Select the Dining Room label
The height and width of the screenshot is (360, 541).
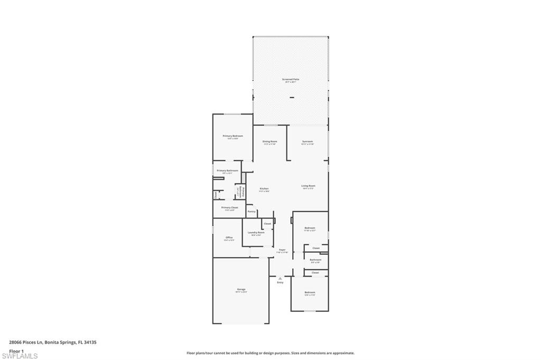[270, 141]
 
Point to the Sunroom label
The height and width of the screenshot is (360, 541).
[307, 141]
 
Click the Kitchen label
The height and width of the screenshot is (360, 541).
[264, 188]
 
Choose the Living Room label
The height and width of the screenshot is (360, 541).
[309, 186]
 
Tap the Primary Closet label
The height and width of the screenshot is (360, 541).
[230, 208]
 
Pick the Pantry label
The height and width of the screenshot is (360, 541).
[251, 212]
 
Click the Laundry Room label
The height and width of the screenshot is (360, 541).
[257, 232]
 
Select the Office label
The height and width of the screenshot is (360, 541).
[229, 238]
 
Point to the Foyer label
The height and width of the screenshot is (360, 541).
[282, 250]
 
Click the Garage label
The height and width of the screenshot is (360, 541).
[241, 289]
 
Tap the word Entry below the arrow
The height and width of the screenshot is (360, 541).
[280, 282]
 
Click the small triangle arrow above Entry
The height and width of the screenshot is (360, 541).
[280, 278]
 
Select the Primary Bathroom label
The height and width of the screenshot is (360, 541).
[227, 170]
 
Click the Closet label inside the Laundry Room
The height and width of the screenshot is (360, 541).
[267, 224]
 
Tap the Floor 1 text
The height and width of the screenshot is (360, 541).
[16, 350]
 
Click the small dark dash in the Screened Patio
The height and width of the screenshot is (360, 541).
[292, 98]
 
